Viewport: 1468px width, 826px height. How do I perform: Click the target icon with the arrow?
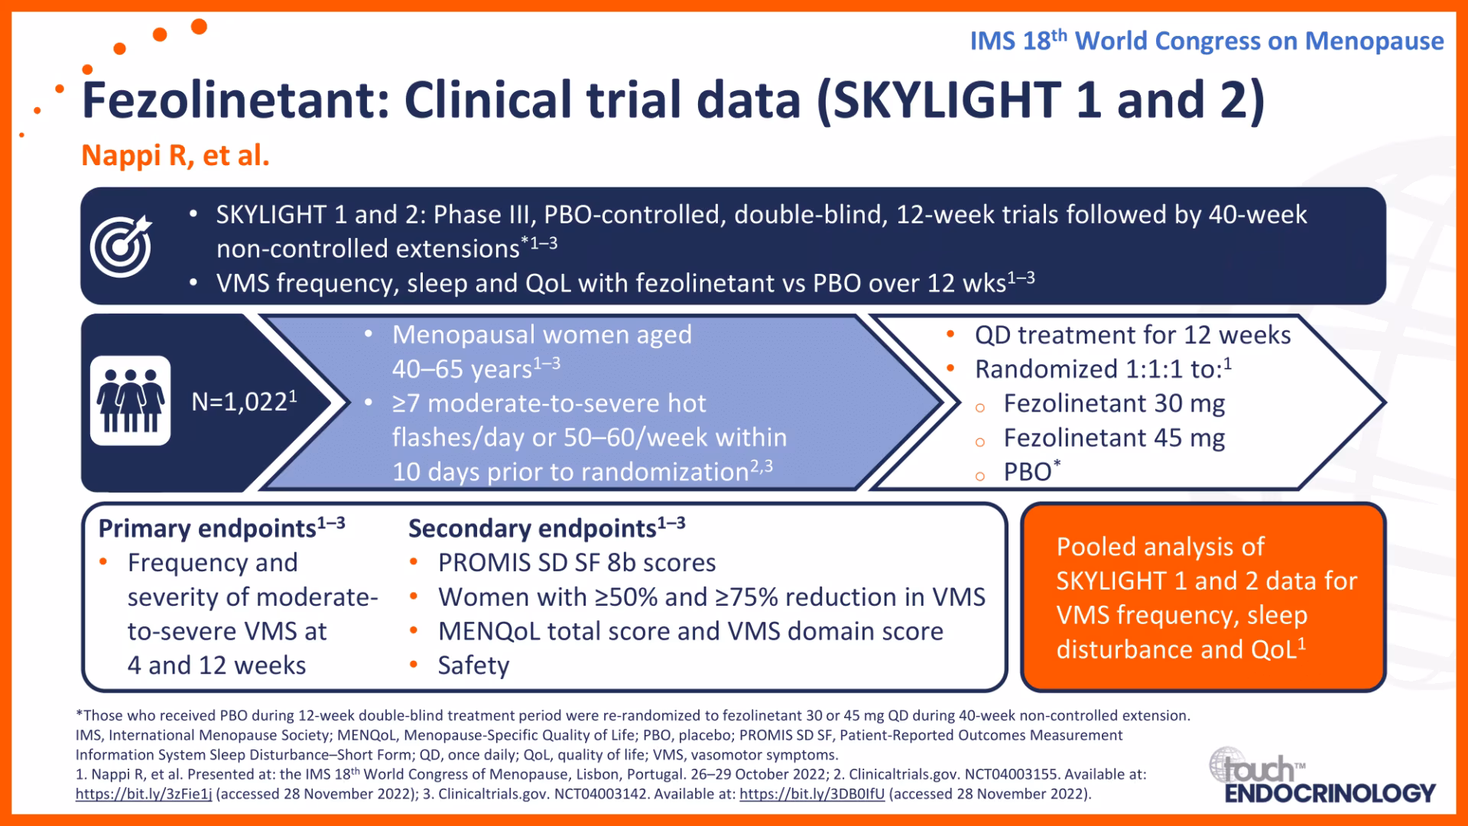[x=121, y=246]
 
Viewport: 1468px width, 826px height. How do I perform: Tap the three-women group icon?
[x=131, y=401]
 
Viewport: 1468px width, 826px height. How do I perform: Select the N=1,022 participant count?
[x=245, y=401]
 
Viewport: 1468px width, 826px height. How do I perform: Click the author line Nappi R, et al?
[x=176, y=155]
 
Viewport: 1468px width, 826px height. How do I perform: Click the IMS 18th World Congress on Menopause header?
[x=1207, y=41]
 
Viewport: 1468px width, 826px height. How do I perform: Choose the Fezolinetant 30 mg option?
[x=1114, y=404]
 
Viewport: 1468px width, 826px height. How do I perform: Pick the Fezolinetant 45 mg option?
[x=1114, y=438]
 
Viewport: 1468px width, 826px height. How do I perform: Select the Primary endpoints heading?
[x=222, y=528]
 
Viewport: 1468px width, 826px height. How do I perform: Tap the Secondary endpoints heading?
[x=547, y=528]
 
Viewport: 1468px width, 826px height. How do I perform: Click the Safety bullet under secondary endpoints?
[x=473, y=665]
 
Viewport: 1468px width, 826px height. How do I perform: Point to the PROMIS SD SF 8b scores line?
[x=576, y=563]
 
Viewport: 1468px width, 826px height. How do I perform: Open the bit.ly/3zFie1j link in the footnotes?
[x=144, y=794]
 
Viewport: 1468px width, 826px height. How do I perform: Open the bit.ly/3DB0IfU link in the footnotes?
[x=812, y=794]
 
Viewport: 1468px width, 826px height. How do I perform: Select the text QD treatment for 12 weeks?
[x=1132, y=335]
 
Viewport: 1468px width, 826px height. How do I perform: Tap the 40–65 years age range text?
[x=476, y=369]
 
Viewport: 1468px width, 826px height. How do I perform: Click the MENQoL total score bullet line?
[x=690, y=632]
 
